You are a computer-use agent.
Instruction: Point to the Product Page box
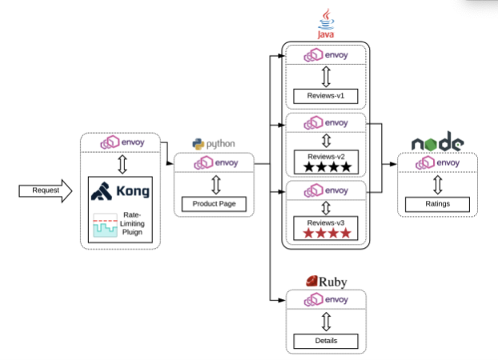coord(213,204)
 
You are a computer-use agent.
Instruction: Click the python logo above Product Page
coord(213,144)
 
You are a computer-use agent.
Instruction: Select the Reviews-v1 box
coord(324,96)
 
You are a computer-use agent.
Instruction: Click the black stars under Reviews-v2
coord(324,167)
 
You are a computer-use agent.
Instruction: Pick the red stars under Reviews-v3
coord(324,234)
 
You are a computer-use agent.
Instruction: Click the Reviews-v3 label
coord(324,221)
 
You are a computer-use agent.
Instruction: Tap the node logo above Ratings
coord(437,143)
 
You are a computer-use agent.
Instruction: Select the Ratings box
coord(437,204)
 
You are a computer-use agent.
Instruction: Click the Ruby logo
coord(326,282)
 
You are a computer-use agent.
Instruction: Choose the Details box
coord(326,342)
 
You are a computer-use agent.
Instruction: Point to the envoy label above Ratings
coord(437,163)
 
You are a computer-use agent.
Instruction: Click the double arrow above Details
coord(326,321)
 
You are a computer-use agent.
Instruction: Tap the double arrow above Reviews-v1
coord(324,76)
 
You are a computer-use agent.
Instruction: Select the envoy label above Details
coord(326,300)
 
